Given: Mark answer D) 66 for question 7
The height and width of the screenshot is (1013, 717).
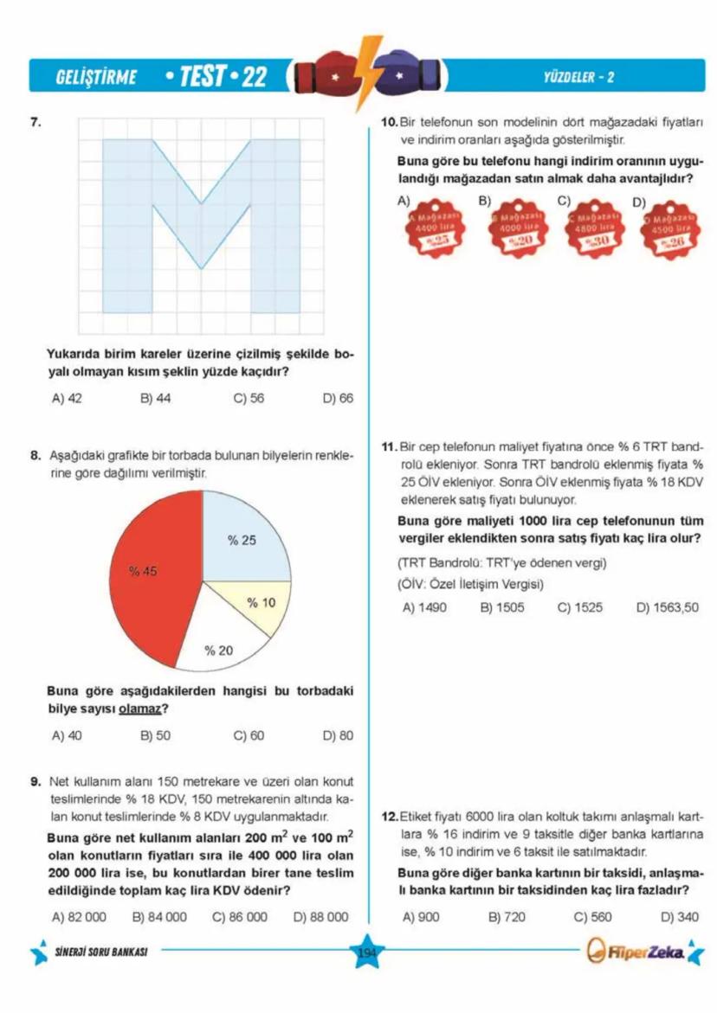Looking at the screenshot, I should click(338, 399).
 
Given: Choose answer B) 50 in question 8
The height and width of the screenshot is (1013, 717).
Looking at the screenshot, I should click(156, 736).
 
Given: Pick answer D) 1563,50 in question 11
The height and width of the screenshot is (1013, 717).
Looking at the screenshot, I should click(667, 607).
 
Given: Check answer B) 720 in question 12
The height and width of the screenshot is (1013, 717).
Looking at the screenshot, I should click(507, 917).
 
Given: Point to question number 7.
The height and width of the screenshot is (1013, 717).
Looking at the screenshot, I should click(36, 122).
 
